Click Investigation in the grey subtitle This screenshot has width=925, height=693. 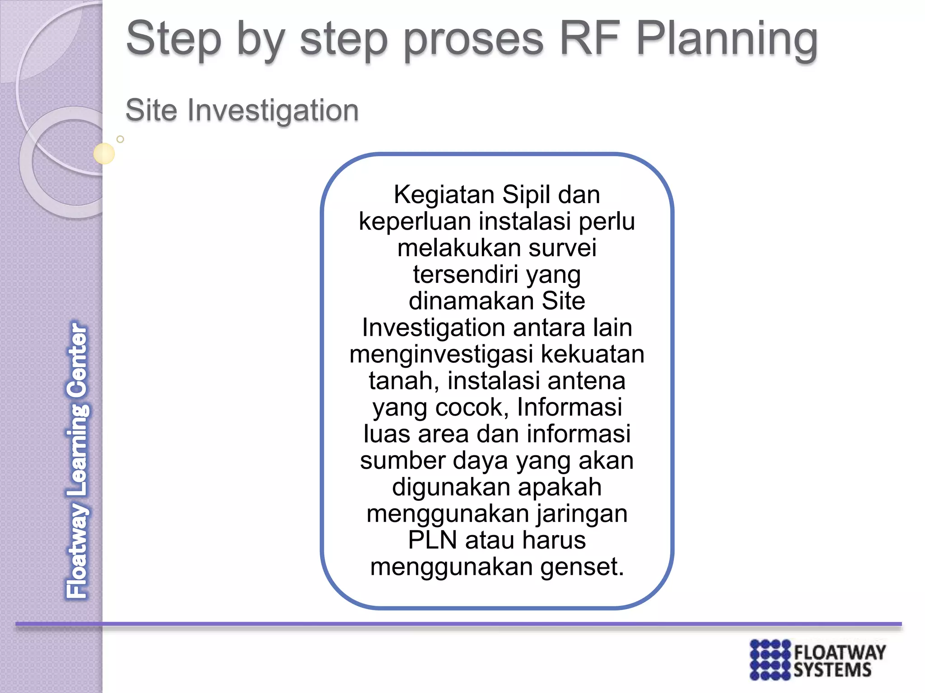[273, 111]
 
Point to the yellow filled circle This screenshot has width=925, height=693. [104, 153]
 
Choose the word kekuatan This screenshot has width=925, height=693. [593, 354]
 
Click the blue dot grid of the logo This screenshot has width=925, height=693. [770, 659]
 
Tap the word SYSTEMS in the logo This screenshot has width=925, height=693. [832, 670]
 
